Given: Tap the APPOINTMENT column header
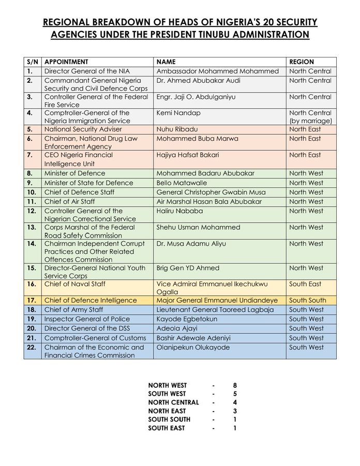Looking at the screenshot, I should click(66, 62).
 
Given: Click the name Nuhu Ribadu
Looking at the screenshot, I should click(176, 129).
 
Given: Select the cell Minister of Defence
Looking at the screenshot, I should click(74, 173).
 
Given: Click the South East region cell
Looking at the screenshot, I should click(305, 284).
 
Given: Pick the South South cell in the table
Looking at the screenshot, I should click(308, 300).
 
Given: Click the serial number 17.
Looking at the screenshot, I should click(31, 300).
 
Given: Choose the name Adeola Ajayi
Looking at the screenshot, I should click(176, 328).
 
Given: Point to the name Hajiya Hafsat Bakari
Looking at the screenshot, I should click(187, 155).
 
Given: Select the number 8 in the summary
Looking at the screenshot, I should click(235, 385).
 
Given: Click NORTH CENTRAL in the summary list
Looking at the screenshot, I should click(173, 402).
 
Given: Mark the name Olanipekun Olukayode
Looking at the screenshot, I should click(193, 347).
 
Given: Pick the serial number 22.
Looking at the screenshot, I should click(31, 347).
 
